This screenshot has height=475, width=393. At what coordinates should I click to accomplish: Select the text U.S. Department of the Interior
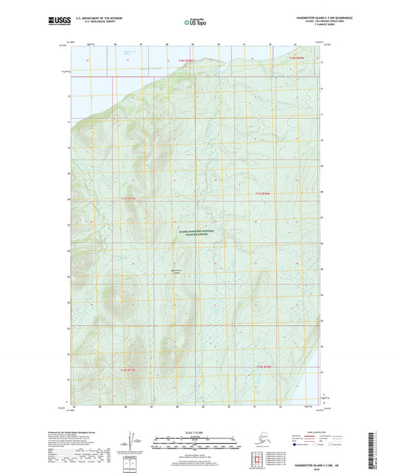[95, 16]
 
